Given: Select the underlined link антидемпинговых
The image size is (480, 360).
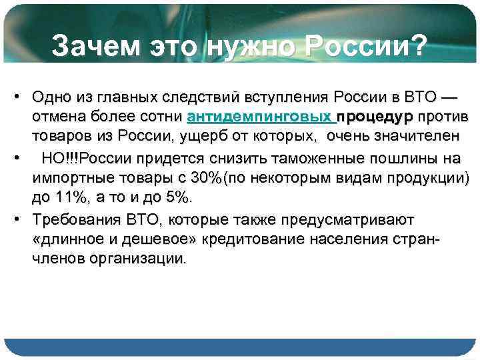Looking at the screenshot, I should pyautogui.click(x=262, y=117).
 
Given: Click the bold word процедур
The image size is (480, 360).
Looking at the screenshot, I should pyautogui.click(x=377, y=117).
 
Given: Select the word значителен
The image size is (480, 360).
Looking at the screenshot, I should pyautogui.click(x=410, y=136).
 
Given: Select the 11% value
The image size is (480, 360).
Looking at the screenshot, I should pyautogui.click(x=67, y=198).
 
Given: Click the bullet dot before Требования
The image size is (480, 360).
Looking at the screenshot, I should pyautogui.click(x=14, y=219).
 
